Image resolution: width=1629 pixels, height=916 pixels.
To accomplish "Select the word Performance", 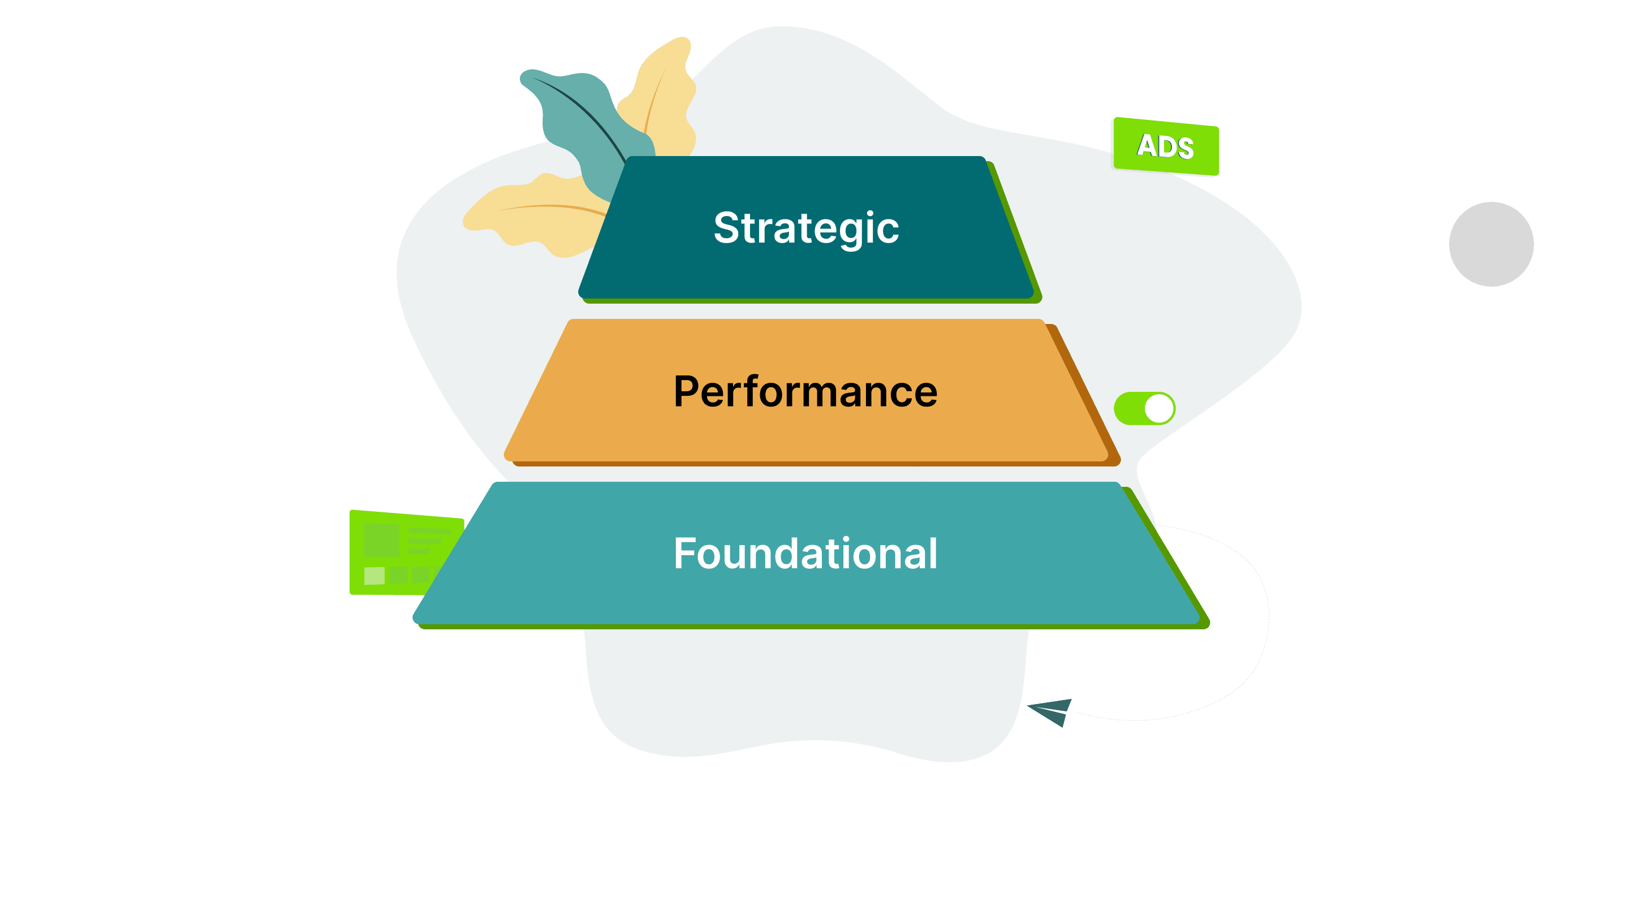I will point(805,391).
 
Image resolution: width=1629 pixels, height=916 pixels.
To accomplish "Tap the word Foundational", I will point(805,554).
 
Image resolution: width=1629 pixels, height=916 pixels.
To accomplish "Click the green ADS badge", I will point(1165,146).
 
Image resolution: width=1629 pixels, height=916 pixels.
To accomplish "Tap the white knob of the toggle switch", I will point(1158,408).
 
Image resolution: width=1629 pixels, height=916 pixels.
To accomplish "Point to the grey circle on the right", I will point(1491,244).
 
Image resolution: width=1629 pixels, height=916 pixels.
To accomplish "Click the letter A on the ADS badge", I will point(1147,145).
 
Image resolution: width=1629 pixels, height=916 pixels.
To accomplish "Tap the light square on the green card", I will point(374,576).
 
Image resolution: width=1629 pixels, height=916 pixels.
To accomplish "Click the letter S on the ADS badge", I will point(1184,149).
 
